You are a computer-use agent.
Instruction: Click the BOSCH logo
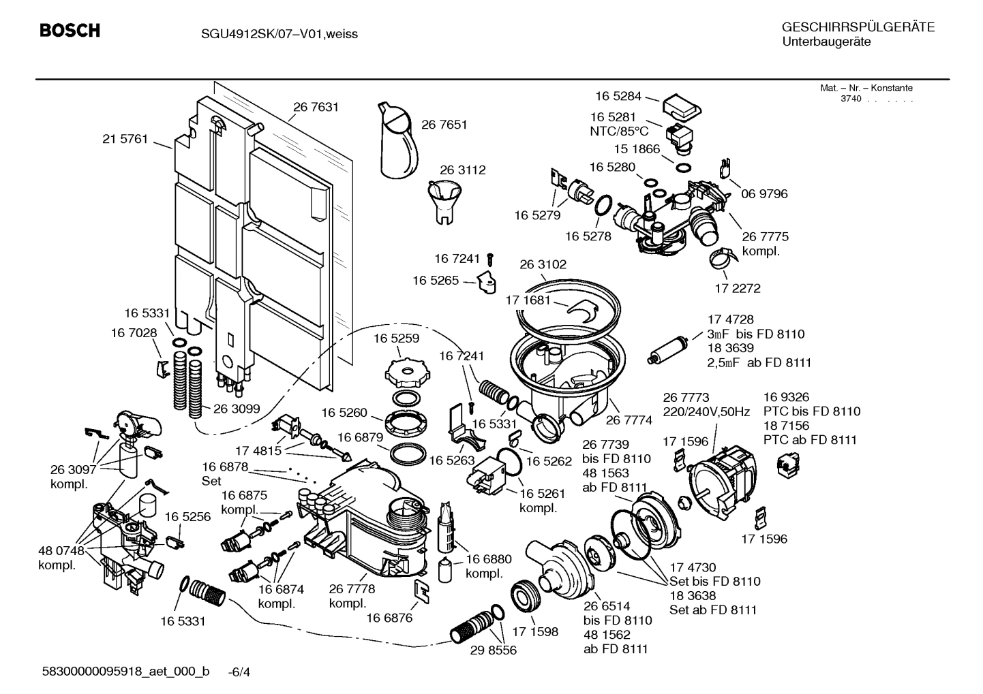tap(70, 31)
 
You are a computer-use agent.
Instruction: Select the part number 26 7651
tap(444, 124)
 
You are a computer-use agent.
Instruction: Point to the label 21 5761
tap(125, 139)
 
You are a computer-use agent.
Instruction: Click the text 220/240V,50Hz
tap(706, 411)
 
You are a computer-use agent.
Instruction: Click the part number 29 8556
tap(493, 650)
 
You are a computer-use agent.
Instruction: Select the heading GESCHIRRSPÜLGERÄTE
tap(858, 27)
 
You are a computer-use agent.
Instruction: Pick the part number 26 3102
tap(543, 264)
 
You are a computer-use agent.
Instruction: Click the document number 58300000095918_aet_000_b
tap(125, 672)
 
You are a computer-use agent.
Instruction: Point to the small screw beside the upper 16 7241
tap(490, 259)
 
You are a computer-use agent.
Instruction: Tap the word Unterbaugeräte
tap(826, 42)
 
